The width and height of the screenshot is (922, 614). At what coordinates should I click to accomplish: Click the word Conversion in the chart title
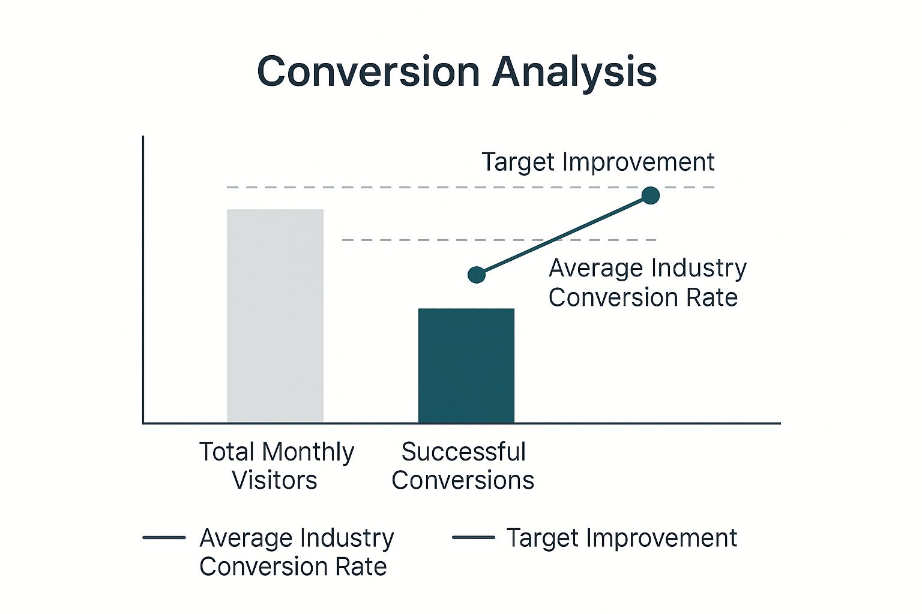coord(369,71)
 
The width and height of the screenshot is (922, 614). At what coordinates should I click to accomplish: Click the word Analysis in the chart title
coord(574,73)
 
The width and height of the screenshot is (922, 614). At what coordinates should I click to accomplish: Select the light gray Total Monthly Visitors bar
coord(276,315)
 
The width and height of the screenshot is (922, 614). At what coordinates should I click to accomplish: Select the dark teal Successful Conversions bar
coord(466,365)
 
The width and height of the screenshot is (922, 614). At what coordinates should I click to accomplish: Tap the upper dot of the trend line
coord(651,195)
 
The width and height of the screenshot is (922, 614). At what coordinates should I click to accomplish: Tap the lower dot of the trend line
coord(477,275)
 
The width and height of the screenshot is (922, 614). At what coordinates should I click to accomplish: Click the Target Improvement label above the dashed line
coord(598,162)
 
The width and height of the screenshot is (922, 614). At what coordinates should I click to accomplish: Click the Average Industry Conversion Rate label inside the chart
coord(648,282)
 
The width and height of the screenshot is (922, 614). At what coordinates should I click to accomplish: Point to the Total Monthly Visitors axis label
coord(276,465)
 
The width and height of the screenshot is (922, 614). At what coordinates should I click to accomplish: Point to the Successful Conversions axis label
coord(463,465)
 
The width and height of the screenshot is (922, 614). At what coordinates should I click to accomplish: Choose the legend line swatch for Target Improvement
coord(474,537)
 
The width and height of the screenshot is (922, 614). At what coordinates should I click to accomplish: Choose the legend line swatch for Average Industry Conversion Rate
coord(164,537)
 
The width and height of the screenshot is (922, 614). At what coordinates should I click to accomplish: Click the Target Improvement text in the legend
coord(621,538)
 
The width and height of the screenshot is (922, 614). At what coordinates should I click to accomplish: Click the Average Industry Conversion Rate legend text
coord(297,552)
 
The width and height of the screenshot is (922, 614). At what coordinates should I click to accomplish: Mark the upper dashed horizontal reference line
coord(471,188)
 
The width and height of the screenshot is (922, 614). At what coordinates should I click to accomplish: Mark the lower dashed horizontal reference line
coord(499,240)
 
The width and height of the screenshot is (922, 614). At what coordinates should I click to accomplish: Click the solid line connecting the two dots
coord(564,235)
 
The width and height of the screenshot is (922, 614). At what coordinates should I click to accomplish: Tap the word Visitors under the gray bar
coord(274,480)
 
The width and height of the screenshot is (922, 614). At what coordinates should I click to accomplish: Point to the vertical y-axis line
coord(143,279)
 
